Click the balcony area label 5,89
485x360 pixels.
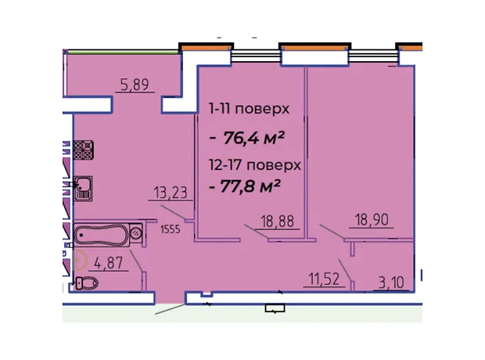click(x=135, y=85)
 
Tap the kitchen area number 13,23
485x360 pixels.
click(x=171, y=193)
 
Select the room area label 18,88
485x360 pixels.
click(x=278, y=221)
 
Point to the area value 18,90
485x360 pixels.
click(x=372, y=220)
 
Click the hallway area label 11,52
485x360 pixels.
click(x=324, y=279)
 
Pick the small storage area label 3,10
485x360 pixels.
click(x=391, y=283)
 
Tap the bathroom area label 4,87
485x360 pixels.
click(x=109, y=264)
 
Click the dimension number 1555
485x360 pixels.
click(x=171, y=229)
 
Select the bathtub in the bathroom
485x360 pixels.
click(x=102, y=235)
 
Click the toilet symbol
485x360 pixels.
click(x=87, y=283)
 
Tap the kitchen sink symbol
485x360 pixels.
click(x=83, y=189)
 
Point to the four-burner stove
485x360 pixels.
click(x=84, y=149)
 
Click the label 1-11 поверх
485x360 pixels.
click(x=249, y=109)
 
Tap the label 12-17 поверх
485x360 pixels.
click(x=255, y=165)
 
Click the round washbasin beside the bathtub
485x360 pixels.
click(x=136, y=232)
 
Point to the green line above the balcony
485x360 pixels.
click(x=123, y=53)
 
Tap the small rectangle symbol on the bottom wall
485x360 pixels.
click(x=275, y=308)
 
